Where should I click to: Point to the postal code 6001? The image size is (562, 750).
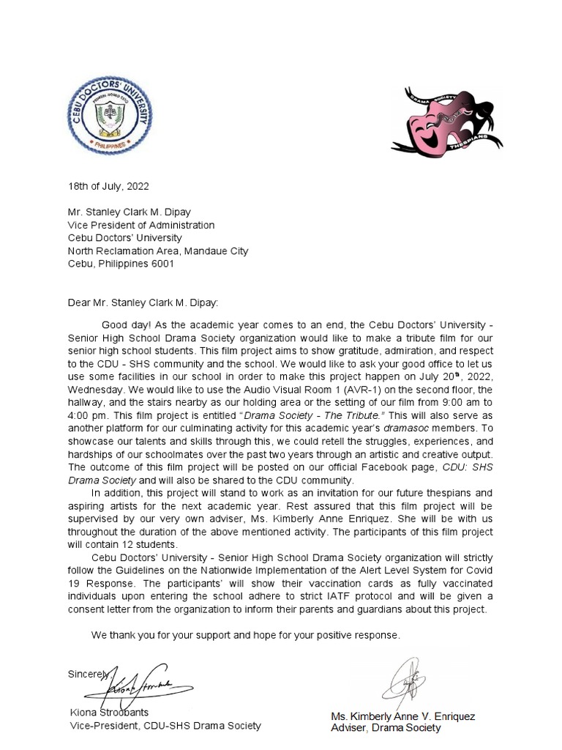pyautogui.click(x=162, y=264)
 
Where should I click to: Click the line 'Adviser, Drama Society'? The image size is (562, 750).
pyautogui.click(x=386, y=727)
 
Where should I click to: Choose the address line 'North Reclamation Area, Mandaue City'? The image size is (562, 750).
pyautogui.click(x=158, y=250)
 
